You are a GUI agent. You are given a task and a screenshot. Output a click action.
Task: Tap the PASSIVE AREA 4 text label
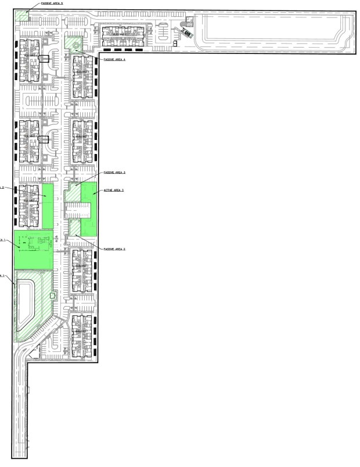[x=114, y=59]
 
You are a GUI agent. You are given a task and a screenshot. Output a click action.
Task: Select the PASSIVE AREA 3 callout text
[x=114, y=173]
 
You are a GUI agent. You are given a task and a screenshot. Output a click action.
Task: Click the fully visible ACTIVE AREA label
[x=114, y=190]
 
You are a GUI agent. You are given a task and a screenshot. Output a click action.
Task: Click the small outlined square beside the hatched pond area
[x=53, y=296]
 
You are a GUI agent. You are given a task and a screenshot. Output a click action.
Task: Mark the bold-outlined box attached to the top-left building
[x=44, y=59]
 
